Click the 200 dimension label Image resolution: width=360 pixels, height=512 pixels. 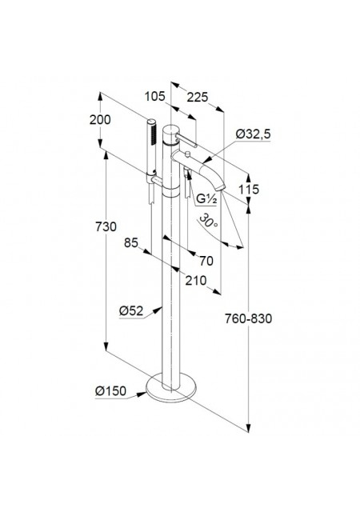coord(100,120)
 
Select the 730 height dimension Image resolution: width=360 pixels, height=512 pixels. coord(106,226)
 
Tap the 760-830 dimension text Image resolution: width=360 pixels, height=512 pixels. coord(248,318)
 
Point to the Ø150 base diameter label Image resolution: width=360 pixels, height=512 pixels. coord(110,390)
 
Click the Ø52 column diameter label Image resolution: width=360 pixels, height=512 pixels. coord(131,311)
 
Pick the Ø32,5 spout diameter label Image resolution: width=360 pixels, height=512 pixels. coord(254,134)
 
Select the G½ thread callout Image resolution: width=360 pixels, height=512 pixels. coord(206,199)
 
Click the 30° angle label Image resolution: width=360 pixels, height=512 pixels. coord(208,221)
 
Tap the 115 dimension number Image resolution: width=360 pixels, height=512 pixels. coord(249,189)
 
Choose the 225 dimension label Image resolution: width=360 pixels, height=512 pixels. coord(198,97)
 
